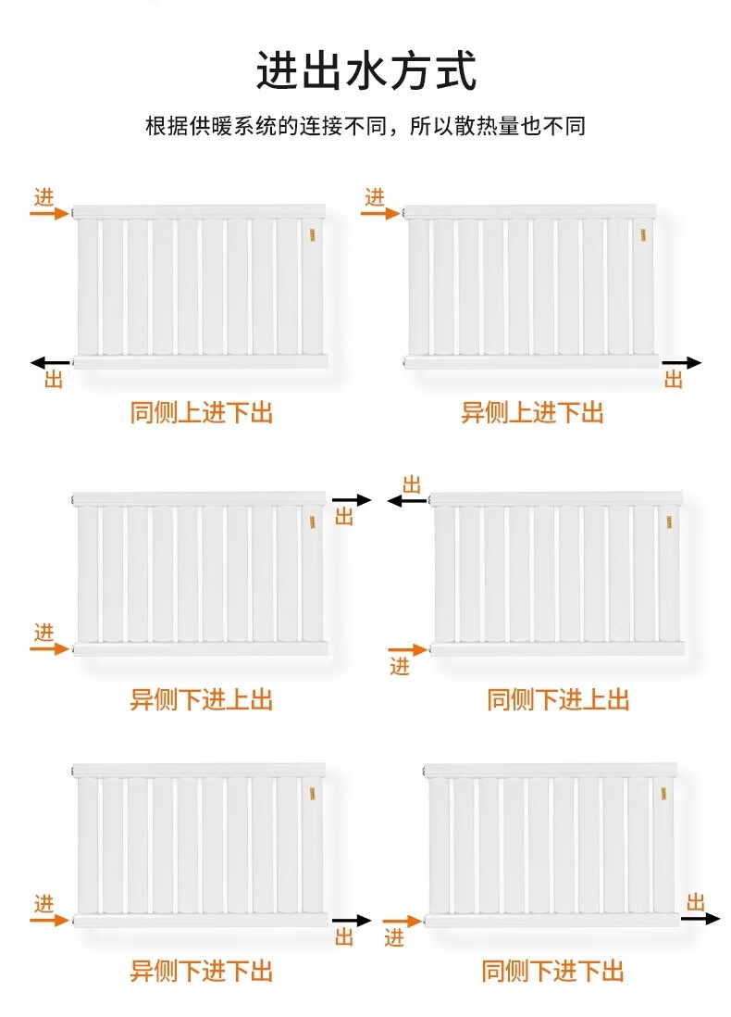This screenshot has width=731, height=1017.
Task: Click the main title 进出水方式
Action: click(365, 71)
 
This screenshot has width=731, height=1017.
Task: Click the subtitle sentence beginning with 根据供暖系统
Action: click(365, 126)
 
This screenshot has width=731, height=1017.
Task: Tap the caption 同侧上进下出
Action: click(202, 412)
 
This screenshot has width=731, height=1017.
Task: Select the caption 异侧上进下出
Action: click(532, 412)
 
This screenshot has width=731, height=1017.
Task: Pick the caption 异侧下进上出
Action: click(202, 699)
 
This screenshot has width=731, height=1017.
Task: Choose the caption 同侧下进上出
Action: click(558, 699)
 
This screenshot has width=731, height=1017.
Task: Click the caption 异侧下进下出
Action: click(202, 971)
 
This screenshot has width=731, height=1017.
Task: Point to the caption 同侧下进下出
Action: click(552, 971)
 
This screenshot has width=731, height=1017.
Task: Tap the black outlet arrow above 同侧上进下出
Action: click(50, 362)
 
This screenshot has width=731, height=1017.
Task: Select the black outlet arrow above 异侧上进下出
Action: click(682, 363)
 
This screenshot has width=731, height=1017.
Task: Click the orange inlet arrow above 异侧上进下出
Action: click(379, 213)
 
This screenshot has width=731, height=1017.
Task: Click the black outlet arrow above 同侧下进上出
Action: click(407, 501)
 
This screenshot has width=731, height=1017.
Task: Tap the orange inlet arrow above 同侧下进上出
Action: click(406, 649)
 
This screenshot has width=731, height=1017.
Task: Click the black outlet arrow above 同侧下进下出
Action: click(700, 919)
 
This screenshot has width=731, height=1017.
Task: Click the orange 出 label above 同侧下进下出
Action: click(696, 902)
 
